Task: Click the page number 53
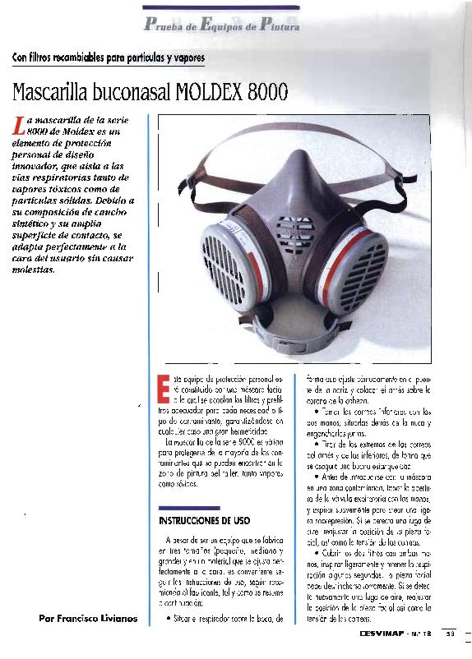point(450,633)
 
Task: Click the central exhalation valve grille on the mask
point(294,234)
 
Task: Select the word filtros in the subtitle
point(47,58)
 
